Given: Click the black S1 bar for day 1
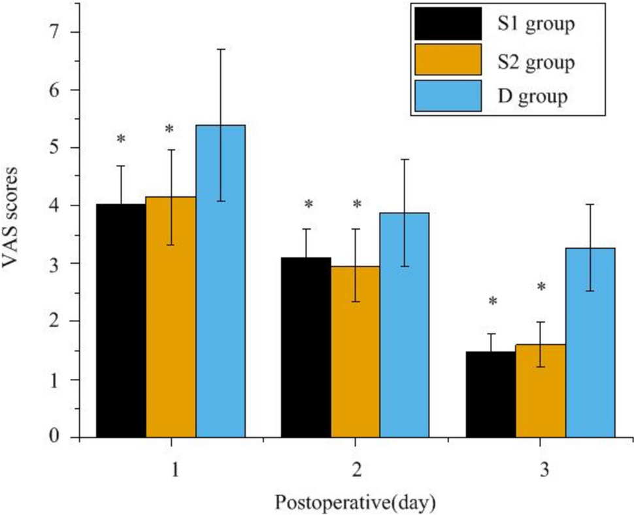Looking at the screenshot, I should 121,321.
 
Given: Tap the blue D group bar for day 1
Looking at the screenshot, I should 220,281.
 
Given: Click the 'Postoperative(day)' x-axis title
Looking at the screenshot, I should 355,503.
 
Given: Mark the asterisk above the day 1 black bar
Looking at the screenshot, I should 121,139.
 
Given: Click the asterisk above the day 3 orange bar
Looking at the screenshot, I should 541,287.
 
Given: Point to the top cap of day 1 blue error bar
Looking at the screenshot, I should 220,49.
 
